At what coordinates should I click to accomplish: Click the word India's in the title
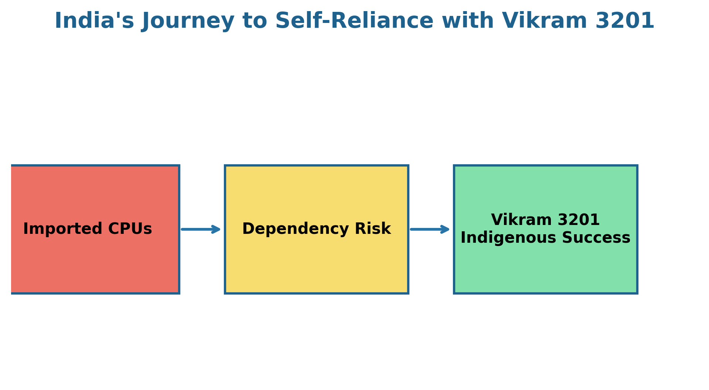tap(94, 21)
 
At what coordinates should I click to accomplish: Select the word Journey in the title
tap(188, 21)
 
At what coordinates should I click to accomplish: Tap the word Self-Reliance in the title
tap(354, 21)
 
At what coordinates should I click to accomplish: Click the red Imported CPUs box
tap(95, 229)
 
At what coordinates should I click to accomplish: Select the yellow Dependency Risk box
tap(317, 229)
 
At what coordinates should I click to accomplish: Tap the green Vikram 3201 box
tap(546, 229)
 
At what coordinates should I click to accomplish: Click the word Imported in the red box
tap(63, 229)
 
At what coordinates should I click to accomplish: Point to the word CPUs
tap(130, 229)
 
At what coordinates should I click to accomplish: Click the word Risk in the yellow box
tap(372, 229)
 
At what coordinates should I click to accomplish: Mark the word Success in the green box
tap(596, 238)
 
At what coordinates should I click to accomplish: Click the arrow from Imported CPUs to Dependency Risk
tap(201, 229)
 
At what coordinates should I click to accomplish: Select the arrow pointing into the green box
tap(430, 229)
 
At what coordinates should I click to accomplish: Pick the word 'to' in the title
tap(255, 21)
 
